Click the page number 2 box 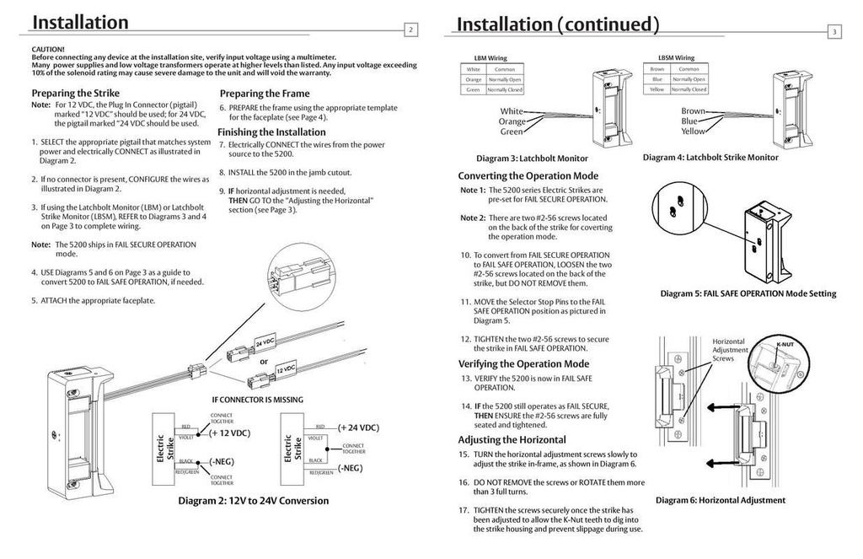point(411,30)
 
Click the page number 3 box point(834,32)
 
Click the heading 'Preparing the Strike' point(76,93)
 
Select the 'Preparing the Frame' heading point(265,94)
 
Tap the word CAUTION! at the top point(48,50)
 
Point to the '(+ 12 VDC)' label point(229,433)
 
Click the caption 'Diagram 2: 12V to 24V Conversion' point(253,501)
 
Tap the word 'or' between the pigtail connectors point(264,361)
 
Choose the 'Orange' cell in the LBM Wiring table point(474,79)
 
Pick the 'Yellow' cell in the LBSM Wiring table point(657,89)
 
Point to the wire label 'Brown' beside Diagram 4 point(693,111)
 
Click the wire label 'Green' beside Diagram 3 point(512,132)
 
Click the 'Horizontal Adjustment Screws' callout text point(730,349)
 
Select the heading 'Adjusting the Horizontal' point(512,440)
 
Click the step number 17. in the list point(464,510)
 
